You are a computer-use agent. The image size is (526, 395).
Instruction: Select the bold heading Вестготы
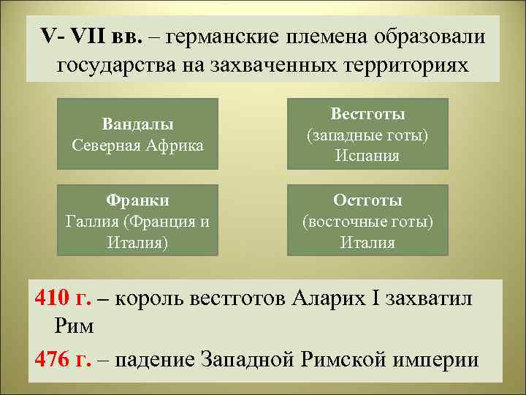pyautogui.click(x=367, y=114)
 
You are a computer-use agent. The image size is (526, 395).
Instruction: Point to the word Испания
pyautogui.click(x=367, y=156)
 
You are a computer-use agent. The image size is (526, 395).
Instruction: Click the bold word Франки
pyautogui.click(x=137, y=200)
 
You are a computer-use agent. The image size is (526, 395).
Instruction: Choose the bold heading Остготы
pyautogui.click(x=367, y=200)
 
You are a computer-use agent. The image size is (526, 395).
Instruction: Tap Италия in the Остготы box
pyautogui.click(x=367, y=242)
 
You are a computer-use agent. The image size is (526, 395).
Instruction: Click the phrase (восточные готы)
pyautogui.click(x=367, y=221)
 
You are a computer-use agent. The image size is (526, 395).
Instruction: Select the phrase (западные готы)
pyautogui.click(x=367, y=135)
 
